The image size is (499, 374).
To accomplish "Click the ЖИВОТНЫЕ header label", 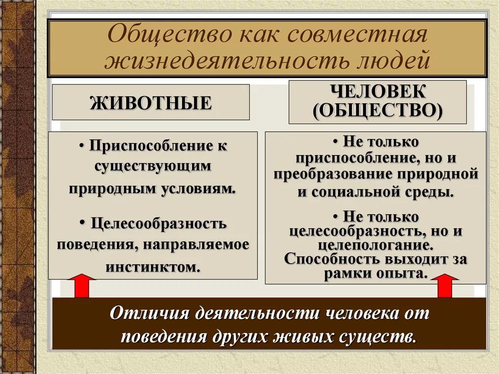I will click(x=151, y=103).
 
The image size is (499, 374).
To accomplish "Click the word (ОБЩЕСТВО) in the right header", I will click(x=378, y=111).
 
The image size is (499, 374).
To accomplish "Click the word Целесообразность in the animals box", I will click(x=158, y=224).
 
